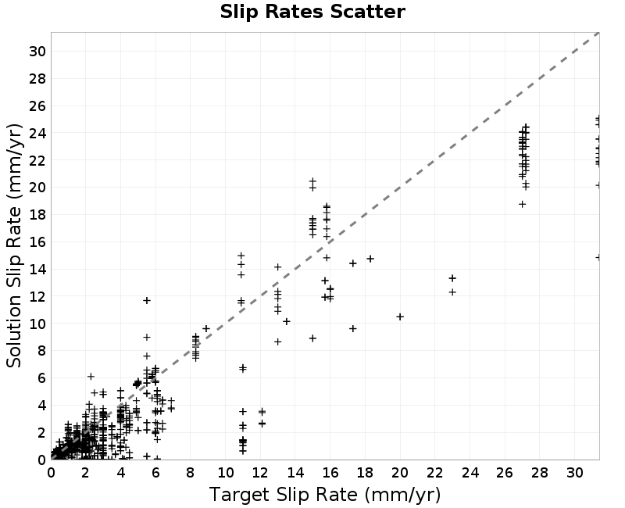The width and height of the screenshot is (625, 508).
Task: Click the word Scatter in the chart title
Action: (x=367, y=12)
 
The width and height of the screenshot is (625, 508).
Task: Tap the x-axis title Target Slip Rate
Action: (x=282, y=495)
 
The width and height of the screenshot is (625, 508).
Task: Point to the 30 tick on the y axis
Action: (x=37, y=52)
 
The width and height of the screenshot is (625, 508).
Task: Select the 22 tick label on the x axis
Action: (x=435, y=473)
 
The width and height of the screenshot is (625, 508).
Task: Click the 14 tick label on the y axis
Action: (x=37, y=270)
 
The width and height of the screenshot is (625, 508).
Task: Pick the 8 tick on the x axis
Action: (x=191, y=473)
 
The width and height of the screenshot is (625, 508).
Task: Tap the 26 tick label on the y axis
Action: (x=37, y=106)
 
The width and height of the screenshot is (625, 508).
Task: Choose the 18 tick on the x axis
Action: (x=365, y=473)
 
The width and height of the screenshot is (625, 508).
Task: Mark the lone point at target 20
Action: (x=400, y=317)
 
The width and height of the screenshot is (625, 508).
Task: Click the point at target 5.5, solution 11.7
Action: (x=147, y=300)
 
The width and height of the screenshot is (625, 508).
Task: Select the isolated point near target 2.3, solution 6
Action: (x=91, y=377)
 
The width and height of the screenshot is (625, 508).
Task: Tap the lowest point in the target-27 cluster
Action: (x=522, y=204)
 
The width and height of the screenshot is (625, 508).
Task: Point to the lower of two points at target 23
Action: (x=452, y=292)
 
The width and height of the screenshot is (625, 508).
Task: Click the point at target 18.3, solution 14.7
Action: (x=370, y=259)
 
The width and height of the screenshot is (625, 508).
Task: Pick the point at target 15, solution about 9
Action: (x=313, y=338)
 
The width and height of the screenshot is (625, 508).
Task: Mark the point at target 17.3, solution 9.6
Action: (x=353, y=328)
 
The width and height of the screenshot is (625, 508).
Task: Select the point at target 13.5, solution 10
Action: (x=287, y=321)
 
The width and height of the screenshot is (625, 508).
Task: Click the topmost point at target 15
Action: (x=313, y=181)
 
